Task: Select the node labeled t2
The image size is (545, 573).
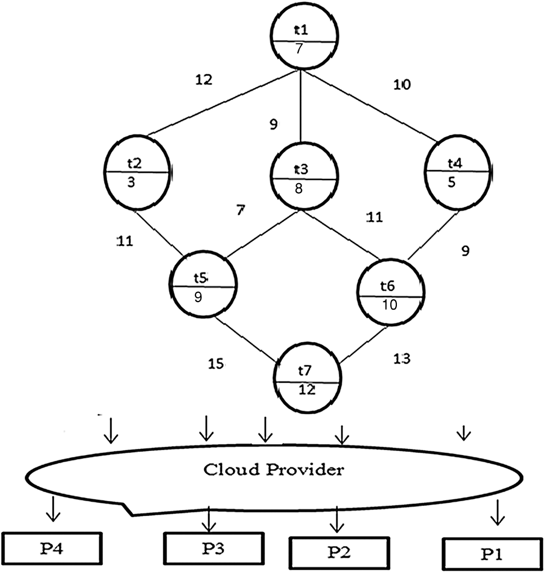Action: (136, 172)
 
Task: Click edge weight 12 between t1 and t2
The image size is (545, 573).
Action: (204, 80)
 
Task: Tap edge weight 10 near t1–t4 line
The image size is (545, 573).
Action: (402, 85)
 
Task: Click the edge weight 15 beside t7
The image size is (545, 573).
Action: (216, 363)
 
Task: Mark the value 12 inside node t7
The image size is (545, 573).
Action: (307, 389)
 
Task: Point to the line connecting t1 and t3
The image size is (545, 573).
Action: (301, 109)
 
